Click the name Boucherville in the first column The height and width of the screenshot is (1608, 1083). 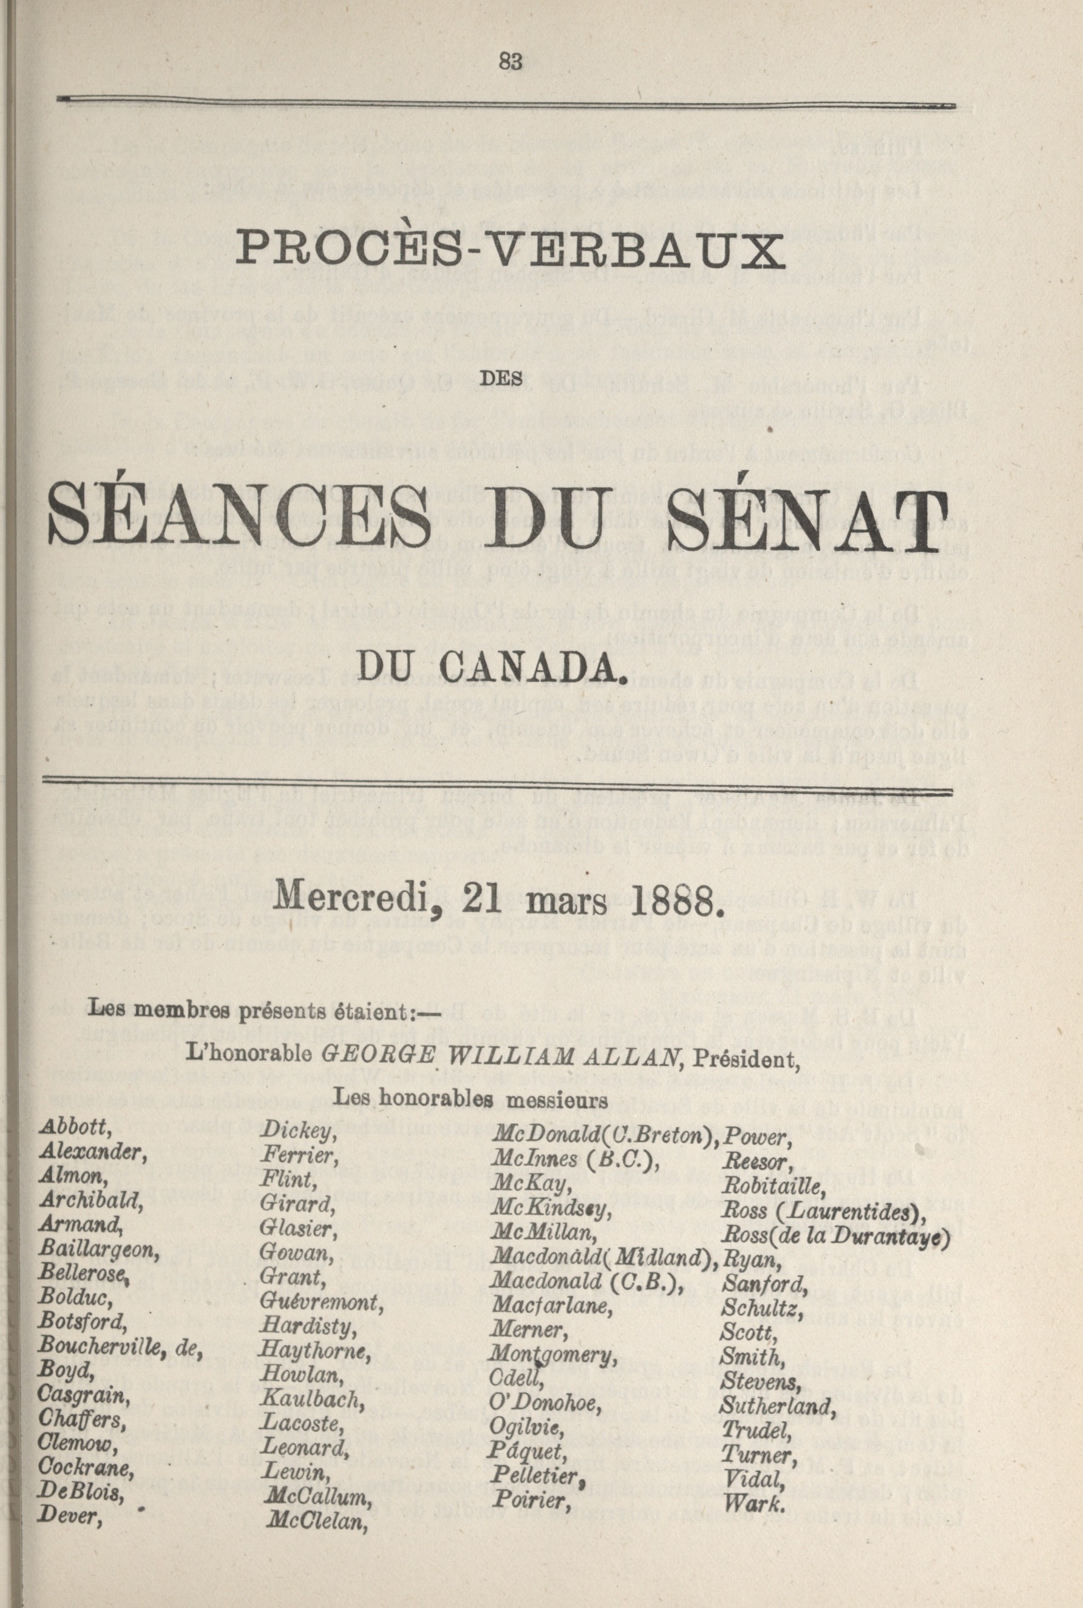[x=98, y=1362]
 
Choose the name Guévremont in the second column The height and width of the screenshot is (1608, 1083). [x=322, y=1302]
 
